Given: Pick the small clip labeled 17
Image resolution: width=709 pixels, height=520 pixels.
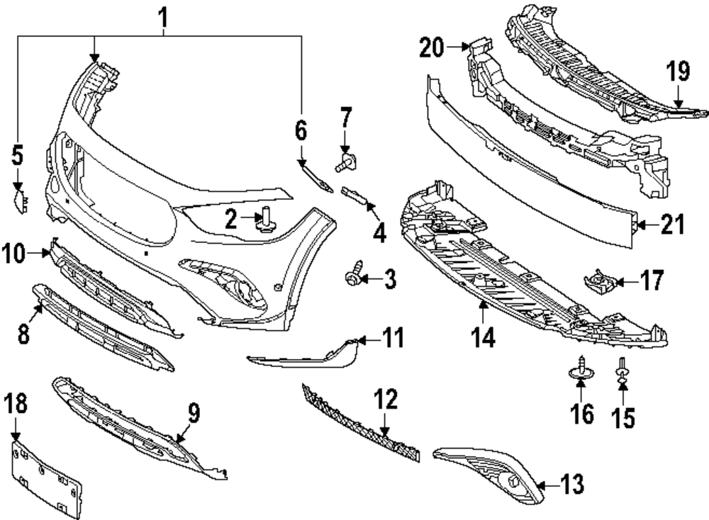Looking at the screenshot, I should coord(598,282).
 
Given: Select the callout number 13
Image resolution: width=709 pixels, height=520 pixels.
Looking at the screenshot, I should coord(571,485).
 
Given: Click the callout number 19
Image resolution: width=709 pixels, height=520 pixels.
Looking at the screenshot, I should coord(678,71).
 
